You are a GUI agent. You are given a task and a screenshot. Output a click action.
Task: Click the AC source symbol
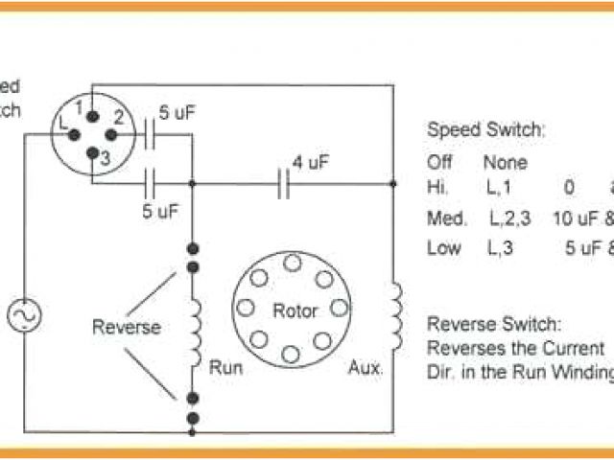(22, 315)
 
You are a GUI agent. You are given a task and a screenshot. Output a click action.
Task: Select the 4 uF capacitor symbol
(283, 182)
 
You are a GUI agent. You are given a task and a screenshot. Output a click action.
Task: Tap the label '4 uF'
(311, 162)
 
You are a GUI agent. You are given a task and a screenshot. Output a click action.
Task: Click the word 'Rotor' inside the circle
(295, 310)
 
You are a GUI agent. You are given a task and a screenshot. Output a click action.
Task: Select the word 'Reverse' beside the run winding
(126, 327)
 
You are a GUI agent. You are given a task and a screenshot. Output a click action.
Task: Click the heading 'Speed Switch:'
(484, 129)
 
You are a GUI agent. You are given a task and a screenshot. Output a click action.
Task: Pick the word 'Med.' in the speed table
(446, 218)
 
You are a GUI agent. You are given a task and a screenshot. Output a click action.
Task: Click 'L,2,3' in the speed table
(509, 218)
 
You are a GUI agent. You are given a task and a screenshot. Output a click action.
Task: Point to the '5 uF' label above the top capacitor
(177, 113)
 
